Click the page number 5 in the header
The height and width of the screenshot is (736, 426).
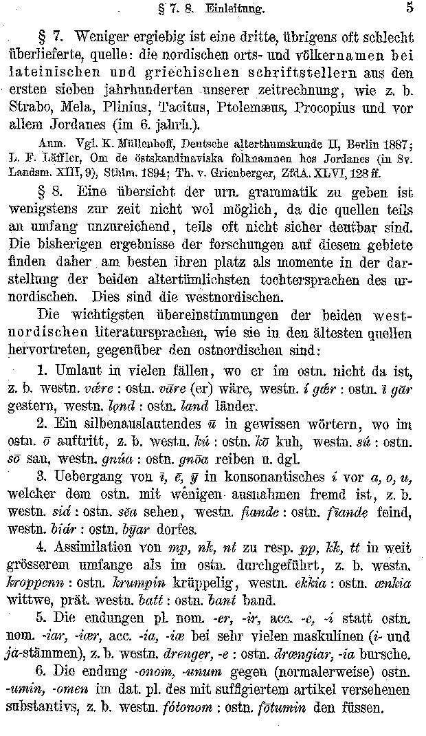(x=410, y=8)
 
